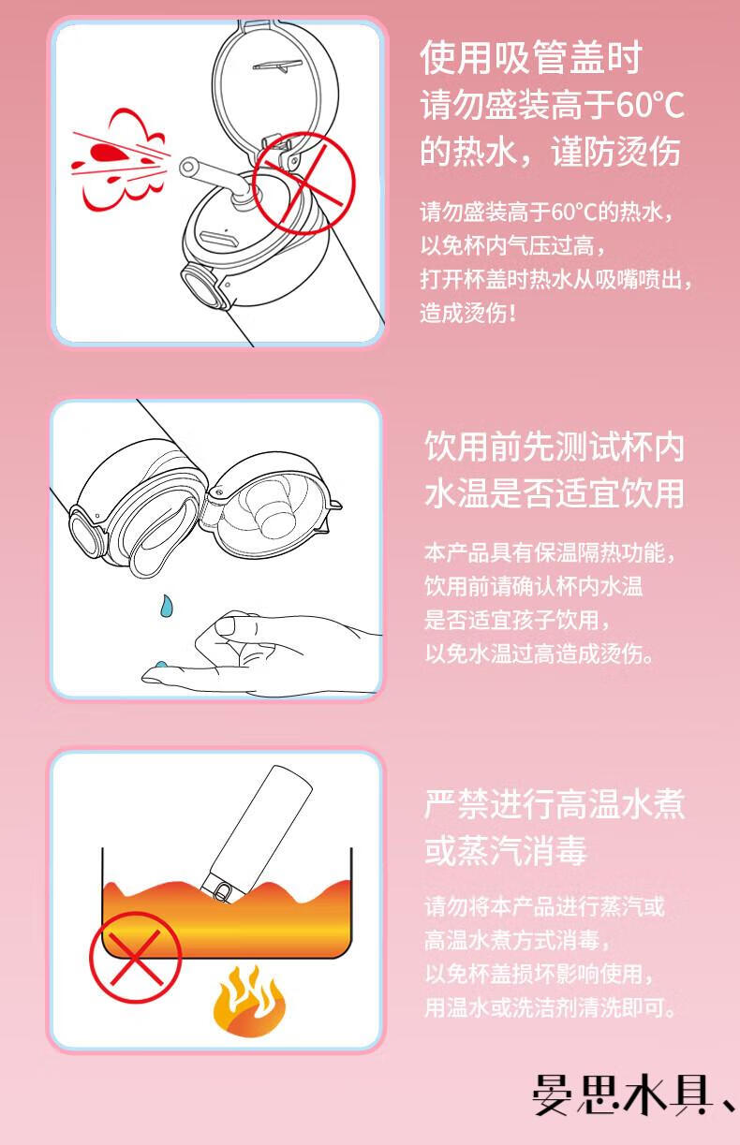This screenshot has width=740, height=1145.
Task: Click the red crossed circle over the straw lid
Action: [x=303, y=183]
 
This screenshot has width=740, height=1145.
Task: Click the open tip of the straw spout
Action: [x=188, y=166]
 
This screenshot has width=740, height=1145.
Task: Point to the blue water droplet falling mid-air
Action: [x=166, y=605]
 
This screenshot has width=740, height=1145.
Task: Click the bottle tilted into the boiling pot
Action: [x=256, y=833]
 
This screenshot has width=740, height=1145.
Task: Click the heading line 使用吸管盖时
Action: [x=531, y=57]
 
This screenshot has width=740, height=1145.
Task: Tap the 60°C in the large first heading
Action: [x=649, y=105]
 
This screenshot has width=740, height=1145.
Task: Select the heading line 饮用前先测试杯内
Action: [x=555, y=447]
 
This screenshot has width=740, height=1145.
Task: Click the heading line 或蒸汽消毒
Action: [x=505, y=850]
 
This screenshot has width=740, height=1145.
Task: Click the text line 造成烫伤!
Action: [x=467, y=313]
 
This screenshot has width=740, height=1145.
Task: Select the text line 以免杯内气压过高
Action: [x=512, y=246]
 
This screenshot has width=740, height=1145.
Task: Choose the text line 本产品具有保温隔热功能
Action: [x=549, y=552]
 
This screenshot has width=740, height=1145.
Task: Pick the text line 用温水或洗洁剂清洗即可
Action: [x=550, y=1007]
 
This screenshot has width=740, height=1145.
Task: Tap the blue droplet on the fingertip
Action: [x=160, y=665]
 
